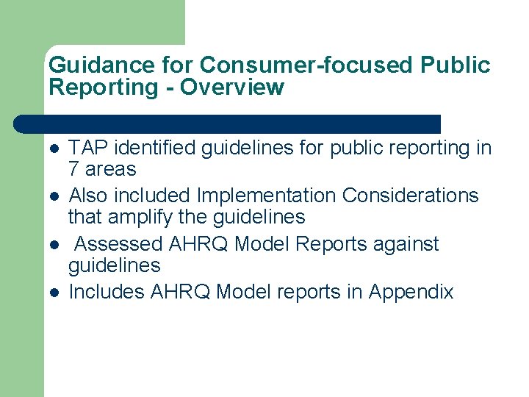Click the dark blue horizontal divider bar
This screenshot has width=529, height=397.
pyautogui.click(x=228, y=124)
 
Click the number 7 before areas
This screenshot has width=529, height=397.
pyautogui.click(x=74, y=170)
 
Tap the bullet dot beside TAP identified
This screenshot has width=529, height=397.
pyautogui.click(x=54, y=149)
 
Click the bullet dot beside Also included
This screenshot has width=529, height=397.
pyautogui.click(x=54, y=197)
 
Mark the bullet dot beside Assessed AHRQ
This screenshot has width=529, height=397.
pyautogui.click(x=54, y=245)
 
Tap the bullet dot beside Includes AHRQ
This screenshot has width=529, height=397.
pyautogui.click(x=54, y=293)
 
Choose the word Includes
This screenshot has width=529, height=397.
pyautogui.click(x=107, y=293)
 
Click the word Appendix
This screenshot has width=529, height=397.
pyautogui.click(x=411, y=293)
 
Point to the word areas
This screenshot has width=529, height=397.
pyautogui.click(x=111, y=170)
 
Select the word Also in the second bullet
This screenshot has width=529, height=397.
pyautogui.click(x=87, y=196)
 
